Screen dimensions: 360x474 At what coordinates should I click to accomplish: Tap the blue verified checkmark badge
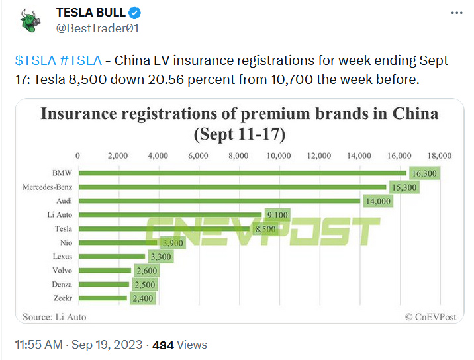[x=133, y=13]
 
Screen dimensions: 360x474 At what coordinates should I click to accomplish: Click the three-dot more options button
[x=456, y=13]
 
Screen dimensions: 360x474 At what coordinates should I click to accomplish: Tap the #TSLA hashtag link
[x=80, y=61]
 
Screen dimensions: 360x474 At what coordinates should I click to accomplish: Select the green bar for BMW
[x=242, y=173]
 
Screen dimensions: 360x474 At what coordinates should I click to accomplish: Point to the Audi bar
[x=219, y=201]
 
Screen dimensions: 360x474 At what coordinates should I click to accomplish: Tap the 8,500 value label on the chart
[x=265, y=229]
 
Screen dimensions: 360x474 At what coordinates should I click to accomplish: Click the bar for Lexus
[x=111, y=256]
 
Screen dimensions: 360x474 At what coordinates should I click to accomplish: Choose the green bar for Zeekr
[x=103, y=298]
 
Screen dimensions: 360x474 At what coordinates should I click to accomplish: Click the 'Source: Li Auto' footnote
[x=54, y=317]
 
